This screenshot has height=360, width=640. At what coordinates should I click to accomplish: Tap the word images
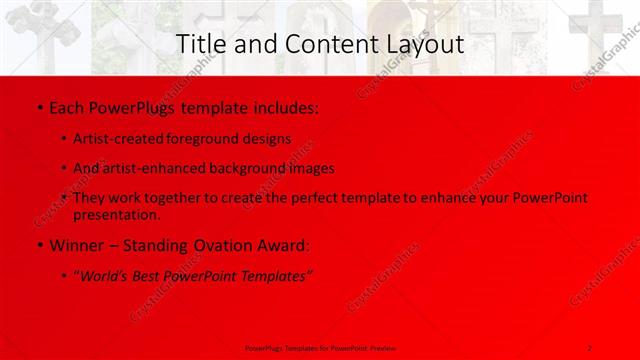(x=312, y=169)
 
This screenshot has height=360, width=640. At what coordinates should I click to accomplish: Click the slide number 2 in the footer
(x=590, y=347)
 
